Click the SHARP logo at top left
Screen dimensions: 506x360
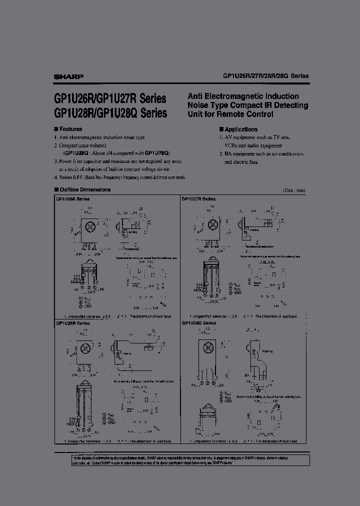[68, 76]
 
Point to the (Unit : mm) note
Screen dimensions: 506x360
[293, 190]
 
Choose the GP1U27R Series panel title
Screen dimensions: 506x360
[199, 199]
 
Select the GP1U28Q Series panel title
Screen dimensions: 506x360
[199, 323]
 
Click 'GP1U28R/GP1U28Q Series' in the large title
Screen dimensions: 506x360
[109, 113]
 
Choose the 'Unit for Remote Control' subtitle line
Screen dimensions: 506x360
[231, 114]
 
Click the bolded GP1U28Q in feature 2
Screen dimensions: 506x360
[75, 153]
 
